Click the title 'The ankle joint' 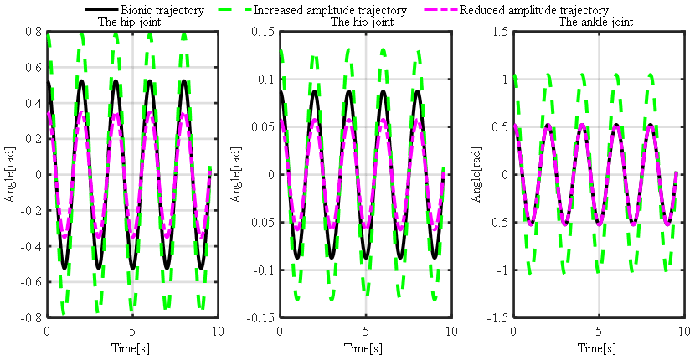point(597,22)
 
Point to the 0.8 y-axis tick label point(33,32)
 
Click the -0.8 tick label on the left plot point(32,318)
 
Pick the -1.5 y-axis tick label point(498,318)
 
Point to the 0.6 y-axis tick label point(33,68)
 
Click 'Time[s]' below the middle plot point(365,347)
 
